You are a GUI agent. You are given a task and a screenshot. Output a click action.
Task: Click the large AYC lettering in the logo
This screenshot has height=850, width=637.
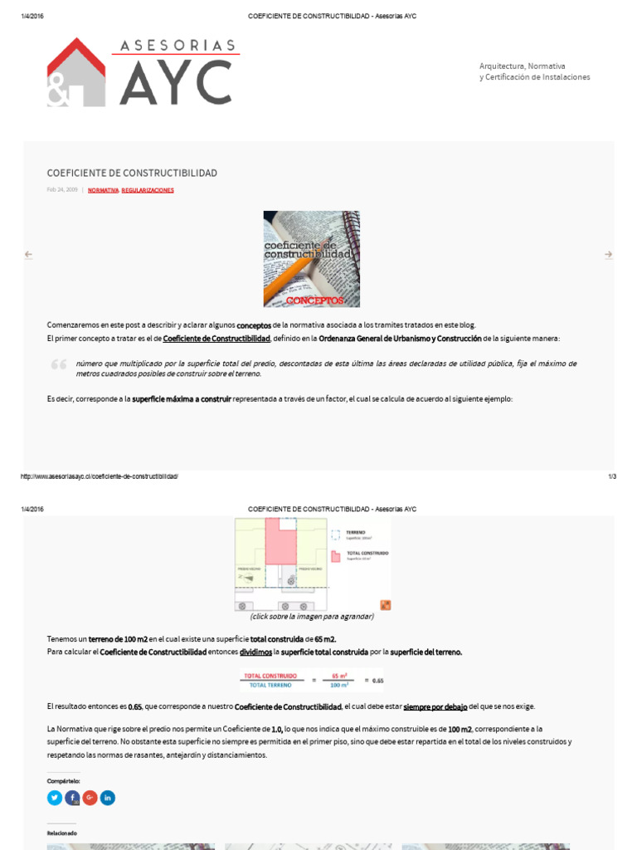click(x=176, y=82)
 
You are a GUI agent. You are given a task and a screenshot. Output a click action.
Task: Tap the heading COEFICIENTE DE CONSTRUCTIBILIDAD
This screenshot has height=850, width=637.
click(x=132, y=173)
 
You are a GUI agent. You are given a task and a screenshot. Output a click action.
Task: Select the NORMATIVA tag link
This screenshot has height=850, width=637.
click(x=103, y=190)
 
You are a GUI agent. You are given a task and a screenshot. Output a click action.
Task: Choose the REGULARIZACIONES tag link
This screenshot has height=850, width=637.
click(x=148, y=190)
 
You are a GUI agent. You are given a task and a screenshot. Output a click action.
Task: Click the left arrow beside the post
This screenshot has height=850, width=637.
click(x=28, y=255)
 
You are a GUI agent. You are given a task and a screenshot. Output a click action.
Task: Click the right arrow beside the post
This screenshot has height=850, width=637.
click(x=608, y=255)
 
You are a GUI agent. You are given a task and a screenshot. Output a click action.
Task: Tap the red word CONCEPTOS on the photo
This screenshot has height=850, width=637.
click(x=314, y=299)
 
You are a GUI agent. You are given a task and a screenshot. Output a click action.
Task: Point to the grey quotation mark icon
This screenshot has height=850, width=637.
click(x=59, y=364)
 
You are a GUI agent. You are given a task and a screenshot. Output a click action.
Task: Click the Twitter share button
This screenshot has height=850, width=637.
click(x=55, y=798)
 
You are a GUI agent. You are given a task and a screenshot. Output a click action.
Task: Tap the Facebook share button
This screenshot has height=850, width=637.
click(x=72, y=798)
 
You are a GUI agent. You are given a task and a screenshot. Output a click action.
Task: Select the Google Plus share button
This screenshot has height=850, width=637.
click(x=90, y=798)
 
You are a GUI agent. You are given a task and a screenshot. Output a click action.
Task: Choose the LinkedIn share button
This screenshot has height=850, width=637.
click(x=108, y=798)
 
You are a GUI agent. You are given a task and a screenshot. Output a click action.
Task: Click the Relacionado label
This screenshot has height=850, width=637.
click(x=61, y=833)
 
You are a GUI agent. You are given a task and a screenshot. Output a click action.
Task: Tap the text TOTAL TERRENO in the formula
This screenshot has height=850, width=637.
click(x=270, y=686)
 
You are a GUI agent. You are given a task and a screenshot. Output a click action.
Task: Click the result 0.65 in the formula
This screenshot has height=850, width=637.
click(x=377, y=681)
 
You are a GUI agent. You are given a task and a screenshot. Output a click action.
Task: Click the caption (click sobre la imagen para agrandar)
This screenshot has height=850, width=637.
click(x=312, y=617)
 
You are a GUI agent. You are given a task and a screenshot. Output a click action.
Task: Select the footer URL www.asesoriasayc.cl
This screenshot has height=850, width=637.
click(x=99, y=476)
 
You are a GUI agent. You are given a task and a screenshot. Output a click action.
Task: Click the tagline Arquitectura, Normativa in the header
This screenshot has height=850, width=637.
click(x=523, y=66)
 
